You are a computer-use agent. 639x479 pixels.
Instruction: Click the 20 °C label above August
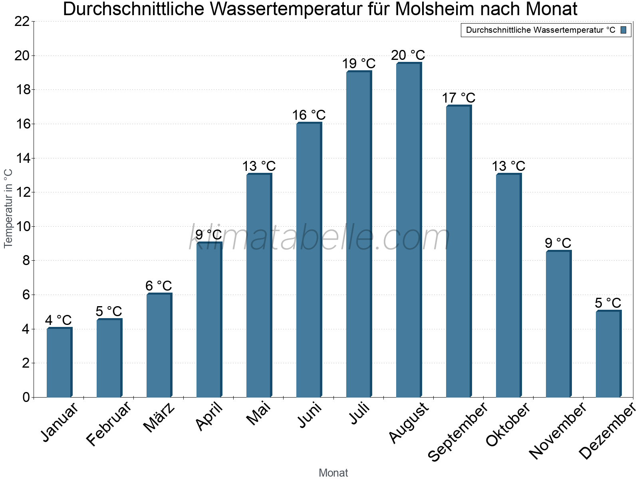click(x=408, y=55)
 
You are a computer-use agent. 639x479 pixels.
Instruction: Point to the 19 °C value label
click(x=359, y=63)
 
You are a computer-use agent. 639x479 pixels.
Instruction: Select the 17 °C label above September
click(x=458, y=98)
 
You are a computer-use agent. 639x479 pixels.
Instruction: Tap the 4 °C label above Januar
click(x=58, y=320)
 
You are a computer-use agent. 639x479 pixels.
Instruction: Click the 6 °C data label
click(x=159, y=286)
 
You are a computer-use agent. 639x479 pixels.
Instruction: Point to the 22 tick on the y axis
click(x=22, y=22)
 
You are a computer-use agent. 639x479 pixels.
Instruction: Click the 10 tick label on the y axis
click(x=22, y=227)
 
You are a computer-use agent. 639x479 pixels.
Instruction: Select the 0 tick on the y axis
click(x=26, y=397)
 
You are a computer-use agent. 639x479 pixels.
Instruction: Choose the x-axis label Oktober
click(x=508, y=424)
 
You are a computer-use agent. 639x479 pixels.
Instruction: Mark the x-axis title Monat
click(x=333, y=473)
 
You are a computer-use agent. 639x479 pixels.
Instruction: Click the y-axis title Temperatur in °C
click(x=8, y=208)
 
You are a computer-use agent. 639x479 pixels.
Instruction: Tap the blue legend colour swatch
click(x=623, y=30)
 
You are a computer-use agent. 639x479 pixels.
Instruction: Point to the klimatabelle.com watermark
click(x=319, y=238)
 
